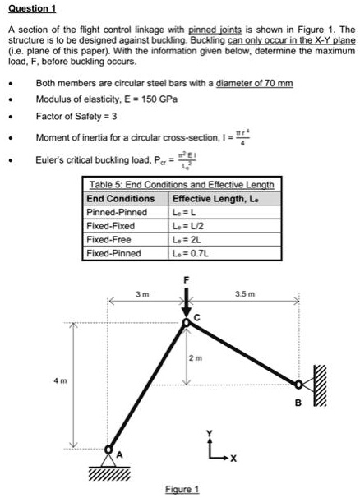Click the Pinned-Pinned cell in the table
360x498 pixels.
click(117, 211)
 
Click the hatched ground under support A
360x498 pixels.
click(108, 474)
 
